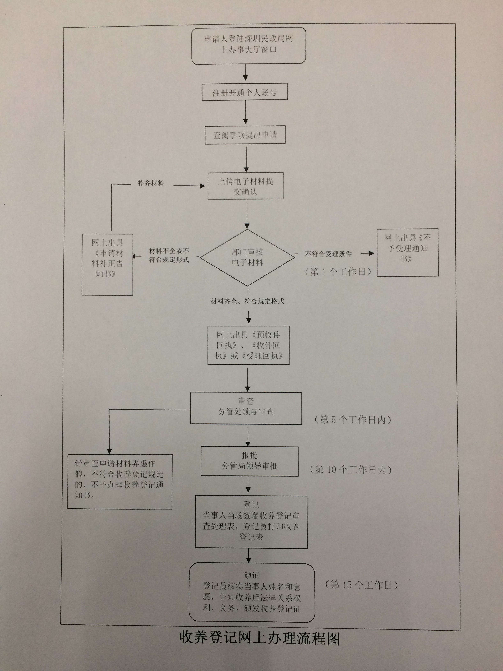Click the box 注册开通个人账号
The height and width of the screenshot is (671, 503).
tap(245, 92)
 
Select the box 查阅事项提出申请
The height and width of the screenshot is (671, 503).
tap(245, 135)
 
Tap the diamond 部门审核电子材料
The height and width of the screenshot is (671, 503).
tap(247, 257)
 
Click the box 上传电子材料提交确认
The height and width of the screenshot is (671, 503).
tap(245, 186)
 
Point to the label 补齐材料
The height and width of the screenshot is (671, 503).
tap(151, 183)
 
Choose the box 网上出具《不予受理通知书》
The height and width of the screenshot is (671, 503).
tap(407, 252)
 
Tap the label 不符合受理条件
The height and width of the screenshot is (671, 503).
tap(328, 254)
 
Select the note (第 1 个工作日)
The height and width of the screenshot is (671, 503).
tap(338, 272)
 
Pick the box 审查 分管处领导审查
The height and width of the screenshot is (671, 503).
tap(246, 408)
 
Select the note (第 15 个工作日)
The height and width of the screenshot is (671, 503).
tap(361, 584)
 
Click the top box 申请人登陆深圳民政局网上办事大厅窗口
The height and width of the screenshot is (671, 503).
tap(248, 45)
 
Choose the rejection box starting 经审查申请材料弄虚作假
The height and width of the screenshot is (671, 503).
tap(119, 481)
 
